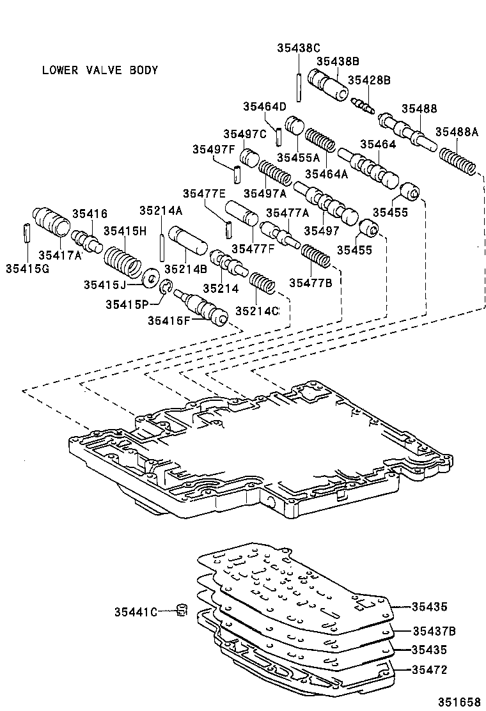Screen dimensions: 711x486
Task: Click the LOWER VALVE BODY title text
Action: [x=100, y=70]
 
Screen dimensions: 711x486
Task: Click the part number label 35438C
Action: [x=298, y=47]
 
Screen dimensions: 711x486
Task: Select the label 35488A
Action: [x=457, y=132]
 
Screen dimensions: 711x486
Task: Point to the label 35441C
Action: [x=136, y=612]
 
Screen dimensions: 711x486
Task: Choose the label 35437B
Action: [x=433, y=631]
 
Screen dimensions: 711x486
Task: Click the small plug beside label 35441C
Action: [x=182, y=610]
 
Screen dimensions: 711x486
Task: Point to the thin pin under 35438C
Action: [x=298, y=84]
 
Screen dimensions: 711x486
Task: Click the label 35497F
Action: [x=214, y=150]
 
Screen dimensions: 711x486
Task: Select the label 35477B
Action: [x=310, y=282]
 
